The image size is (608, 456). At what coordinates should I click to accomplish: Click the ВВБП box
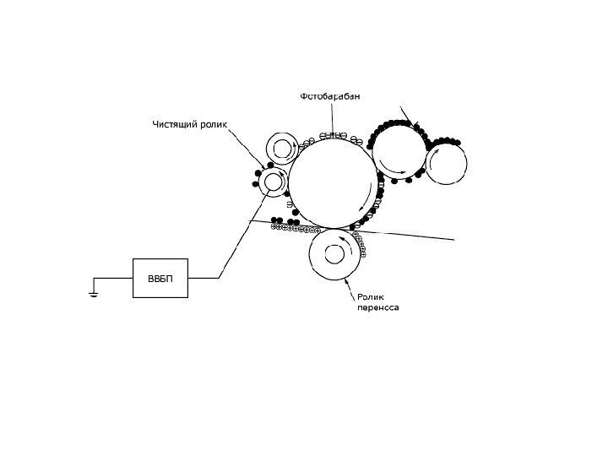160,278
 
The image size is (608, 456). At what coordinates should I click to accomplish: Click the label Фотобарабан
331,96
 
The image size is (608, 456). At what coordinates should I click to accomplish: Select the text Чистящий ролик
190,125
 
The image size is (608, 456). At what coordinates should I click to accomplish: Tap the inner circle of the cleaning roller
274,181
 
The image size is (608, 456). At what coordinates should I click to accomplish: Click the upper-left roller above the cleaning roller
280,148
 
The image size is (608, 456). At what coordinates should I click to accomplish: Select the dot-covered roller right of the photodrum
399,152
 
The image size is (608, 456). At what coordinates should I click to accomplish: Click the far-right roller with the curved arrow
446,162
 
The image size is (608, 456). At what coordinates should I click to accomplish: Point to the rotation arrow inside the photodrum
361,207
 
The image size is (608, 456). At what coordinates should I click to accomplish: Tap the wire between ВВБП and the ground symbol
113,278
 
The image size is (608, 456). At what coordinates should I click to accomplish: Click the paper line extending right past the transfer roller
414,236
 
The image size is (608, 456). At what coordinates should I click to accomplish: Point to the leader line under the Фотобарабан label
333,118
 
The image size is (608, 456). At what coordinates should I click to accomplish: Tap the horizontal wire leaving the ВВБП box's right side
204,278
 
